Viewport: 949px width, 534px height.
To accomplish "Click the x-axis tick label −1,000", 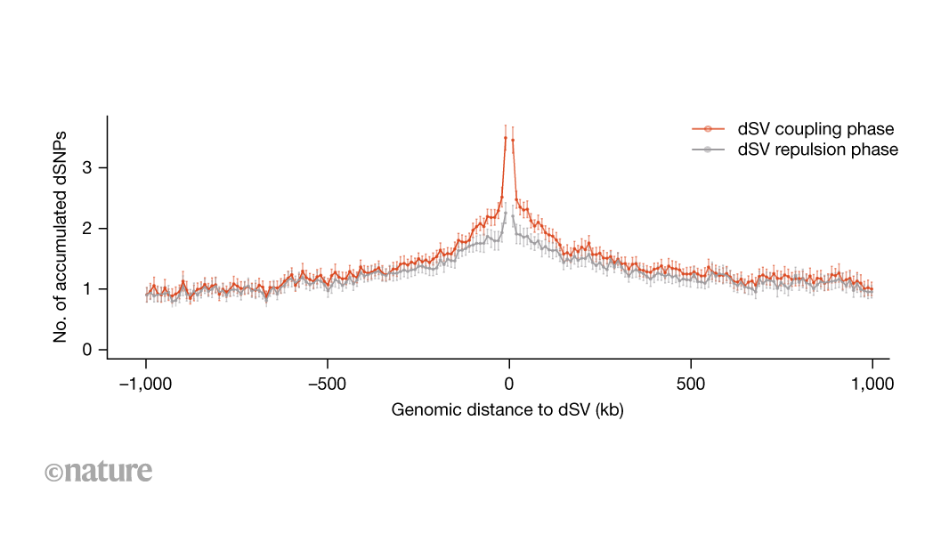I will tap(146, 384).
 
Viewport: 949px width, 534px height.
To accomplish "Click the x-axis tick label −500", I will tap(328, 384).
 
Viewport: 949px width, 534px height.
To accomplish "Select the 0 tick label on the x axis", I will tap(509, 384).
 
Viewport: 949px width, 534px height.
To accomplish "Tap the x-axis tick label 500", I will tap(691, 384).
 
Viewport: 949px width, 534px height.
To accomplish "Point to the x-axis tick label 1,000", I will tap(872, 384).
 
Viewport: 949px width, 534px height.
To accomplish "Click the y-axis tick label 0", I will tap(87, 350).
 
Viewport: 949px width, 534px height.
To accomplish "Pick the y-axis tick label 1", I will tap(87, 289).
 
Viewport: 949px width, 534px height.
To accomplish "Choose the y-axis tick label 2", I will tap(87, 229).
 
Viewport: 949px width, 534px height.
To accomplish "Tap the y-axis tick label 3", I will tap(87, 168).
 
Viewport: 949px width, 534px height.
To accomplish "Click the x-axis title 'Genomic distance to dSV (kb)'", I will tap(508, 410).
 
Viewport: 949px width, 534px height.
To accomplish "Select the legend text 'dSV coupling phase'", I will tap(815, 130).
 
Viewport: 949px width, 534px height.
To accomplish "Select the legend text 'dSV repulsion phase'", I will tap(818, 150).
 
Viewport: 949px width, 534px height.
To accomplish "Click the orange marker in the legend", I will tap(707, 130).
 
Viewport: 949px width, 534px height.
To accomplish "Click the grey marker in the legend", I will tap(707, 150).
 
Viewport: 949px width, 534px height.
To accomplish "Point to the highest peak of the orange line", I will tap(506, 138).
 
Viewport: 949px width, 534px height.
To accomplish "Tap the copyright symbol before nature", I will tap(53, 472).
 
